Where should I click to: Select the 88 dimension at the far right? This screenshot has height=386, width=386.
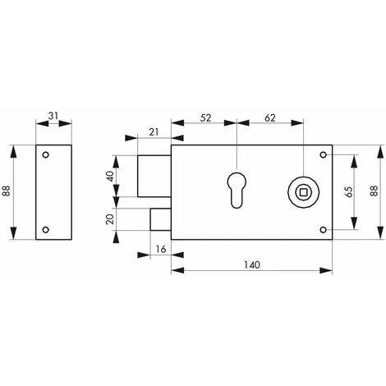[376, 191]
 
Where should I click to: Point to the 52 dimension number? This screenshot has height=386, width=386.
[204, 118]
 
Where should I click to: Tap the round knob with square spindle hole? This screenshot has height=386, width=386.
[305, 191]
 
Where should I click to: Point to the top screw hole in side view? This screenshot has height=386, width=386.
[47, 154]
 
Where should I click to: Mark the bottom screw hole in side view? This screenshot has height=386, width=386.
[47, 229]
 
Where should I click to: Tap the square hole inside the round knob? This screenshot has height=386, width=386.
[305, 191]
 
